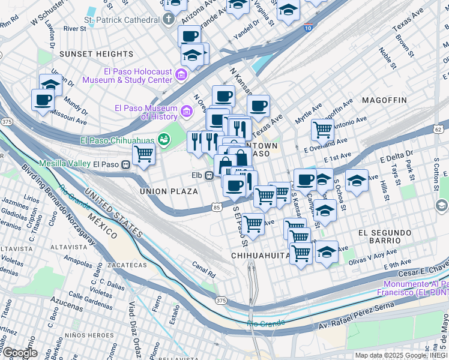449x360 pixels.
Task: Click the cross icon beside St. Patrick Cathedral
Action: (170, 19)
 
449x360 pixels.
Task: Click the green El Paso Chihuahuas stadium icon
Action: (163, 140)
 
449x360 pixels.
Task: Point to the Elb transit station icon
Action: (209, 175)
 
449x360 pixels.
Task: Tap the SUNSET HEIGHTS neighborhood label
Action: (89, 54)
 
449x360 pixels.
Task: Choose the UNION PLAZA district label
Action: (169, 191)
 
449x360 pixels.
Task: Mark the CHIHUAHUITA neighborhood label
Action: (261, 256)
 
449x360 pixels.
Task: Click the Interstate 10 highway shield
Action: (308, 28)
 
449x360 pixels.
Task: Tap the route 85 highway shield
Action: (216, 207)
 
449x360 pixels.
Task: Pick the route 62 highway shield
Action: (438, 129)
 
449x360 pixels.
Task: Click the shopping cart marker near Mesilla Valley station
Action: (143, 154)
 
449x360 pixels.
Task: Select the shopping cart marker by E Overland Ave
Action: (323, 128)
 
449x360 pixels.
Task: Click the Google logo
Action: (19, 352)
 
